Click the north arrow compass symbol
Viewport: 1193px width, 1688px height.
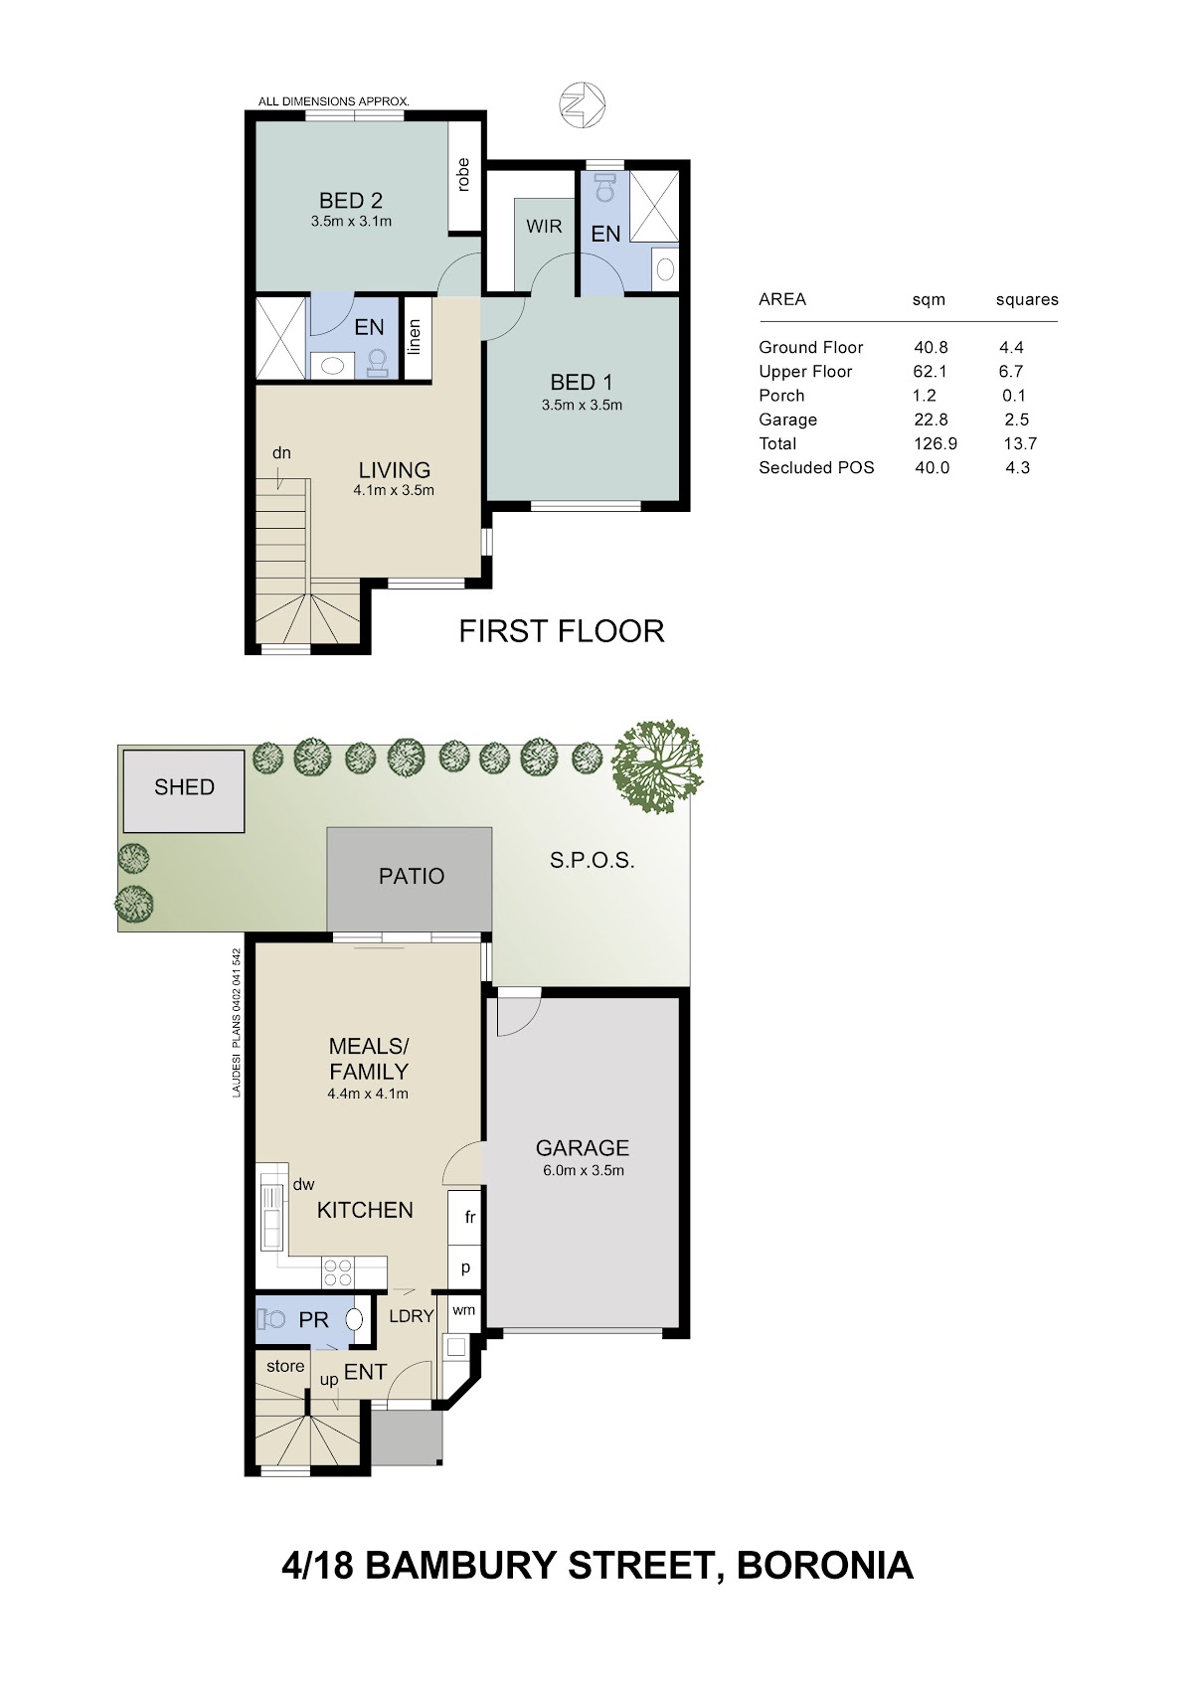click(x=582, y=103)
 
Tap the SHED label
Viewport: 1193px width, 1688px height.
click(x=185, y=786)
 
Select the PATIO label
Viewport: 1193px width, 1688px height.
click(x=412, y=876)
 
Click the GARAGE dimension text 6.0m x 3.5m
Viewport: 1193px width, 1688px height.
click(x=584, y=1170)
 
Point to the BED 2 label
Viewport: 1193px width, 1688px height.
click(x=351, y=201)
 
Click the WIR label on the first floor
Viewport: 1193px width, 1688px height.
click(x=544, y=226)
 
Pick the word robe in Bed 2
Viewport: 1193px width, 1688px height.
click(x=463, y=175)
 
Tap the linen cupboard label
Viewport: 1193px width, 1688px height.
click(x=414, y=337)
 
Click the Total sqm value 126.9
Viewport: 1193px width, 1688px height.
click(x=936, y=443)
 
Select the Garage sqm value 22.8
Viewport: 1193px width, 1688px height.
click(x=931, y=420)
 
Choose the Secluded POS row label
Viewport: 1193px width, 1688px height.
click(x=816, y=468)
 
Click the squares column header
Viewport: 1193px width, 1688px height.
click(x=1027, y=300)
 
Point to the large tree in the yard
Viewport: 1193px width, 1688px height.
click(x=656, y=766)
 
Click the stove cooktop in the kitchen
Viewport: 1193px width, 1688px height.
click(x=337, y=1272)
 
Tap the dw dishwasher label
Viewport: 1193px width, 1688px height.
click(x=303, y=1185)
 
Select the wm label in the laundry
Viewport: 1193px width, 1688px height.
click(x=464, y=1310)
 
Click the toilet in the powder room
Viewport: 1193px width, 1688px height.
click(x=271, y=1319)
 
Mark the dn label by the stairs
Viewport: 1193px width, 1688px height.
click(x=282, y=453)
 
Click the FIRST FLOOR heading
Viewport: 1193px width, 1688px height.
click(x=562, y=631)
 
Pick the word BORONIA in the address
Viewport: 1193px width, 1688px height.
click(x=825, y=1565)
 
